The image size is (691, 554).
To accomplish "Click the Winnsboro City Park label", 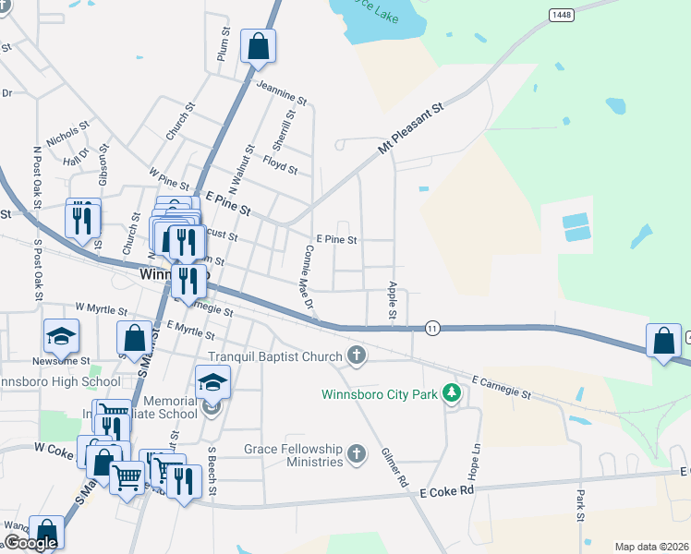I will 380,394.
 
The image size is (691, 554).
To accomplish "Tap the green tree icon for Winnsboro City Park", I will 452,394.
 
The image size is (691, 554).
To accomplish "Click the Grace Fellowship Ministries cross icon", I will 358,454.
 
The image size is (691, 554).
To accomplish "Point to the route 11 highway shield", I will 431,328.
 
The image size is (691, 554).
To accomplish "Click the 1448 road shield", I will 560,15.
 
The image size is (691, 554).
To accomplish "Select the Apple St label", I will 393,302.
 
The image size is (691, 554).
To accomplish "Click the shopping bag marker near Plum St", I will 258,46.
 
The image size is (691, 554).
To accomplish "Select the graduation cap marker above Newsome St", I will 62,336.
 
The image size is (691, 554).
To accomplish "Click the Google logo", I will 30,543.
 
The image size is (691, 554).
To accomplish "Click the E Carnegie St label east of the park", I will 501,387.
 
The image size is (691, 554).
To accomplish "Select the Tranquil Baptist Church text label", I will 275,356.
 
